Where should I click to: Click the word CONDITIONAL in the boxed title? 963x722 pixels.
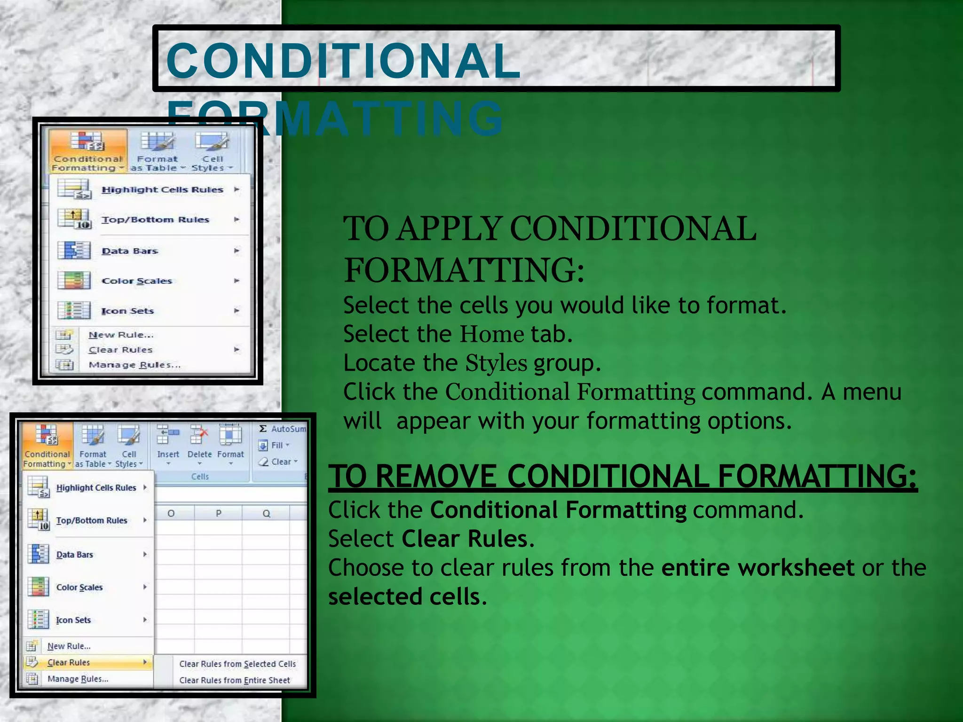[x=343, y=61]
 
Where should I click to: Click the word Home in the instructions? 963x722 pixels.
[x=492, y=334]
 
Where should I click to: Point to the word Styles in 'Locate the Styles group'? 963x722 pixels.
[x=496, y=363]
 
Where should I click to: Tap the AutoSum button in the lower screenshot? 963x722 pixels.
[x=282, y=429]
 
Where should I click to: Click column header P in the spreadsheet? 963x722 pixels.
[x=218, y=513]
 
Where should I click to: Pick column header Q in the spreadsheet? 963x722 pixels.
[x=266, y=513]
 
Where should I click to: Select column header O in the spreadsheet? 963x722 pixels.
[x=171, y=513]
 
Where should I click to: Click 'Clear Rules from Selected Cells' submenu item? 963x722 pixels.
[x=237, y=664]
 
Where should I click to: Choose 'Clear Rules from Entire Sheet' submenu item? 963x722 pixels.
[x=235, y=680]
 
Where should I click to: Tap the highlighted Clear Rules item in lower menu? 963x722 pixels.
[x=69, y=662]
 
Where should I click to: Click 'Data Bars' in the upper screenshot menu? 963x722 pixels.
[x=130, y=251]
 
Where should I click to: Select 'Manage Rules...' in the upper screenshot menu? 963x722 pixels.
[x=134, y=365]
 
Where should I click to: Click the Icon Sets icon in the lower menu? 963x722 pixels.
[x=38, y=620]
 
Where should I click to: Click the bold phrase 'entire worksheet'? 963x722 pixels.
[x=758, y=568]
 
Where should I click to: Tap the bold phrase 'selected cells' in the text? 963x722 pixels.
[x=404, y=597]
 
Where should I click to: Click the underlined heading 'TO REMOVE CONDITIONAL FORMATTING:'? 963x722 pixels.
[x=623, y=476]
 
